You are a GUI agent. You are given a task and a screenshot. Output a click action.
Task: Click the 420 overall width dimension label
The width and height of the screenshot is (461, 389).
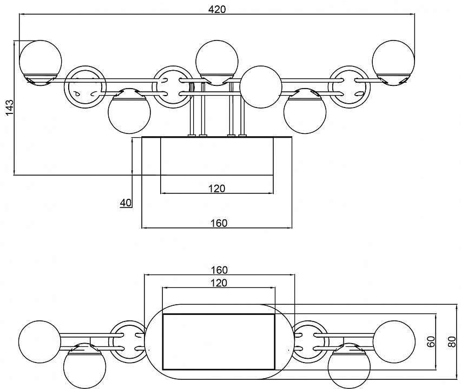point(216,9)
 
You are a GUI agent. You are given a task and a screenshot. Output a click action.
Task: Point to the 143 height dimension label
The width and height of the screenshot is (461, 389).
point(8,108)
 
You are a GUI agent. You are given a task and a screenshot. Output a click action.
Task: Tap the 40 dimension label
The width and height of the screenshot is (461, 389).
point(126,203)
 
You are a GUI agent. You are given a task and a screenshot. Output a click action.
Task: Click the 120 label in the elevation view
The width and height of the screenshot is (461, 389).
point(216,188)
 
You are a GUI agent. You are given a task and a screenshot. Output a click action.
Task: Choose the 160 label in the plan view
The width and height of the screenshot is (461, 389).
point(219,270)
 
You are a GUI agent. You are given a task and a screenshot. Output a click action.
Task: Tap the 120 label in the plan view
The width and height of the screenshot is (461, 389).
point(219,283)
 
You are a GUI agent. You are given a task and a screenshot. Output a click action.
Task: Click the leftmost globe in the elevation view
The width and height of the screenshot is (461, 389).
point(40,58)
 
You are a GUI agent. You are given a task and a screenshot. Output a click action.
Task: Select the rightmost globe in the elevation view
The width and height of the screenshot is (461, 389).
point(393,58)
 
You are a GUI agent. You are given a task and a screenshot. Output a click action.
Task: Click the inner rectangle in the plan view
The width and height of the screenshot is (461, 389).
point(219,341)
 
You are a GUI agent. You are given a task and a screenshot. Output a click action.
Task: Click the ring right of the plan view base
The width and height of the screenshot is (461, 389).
point(309,341)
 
